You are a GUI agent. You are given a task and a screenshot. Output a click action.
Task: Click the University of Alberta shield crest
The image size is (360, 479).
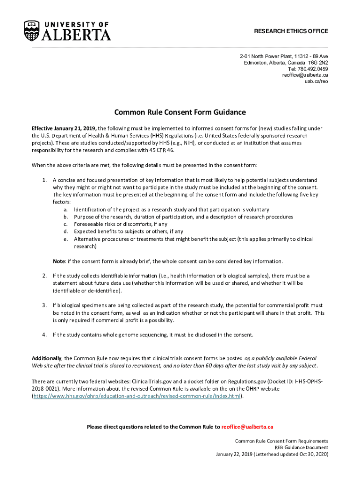tap(31, 30)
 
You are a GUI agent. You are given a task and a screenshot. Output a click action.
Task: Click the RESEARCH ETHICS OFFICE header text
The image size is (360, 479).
tap(291, 31)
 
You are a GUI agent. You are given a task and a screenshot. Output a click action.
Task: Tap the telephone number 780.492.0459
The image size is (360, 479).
tap(312, 69)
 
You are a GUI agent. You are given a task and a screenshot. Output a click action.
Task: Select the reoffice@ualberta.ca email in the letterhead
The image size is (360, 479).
tap(305, 75)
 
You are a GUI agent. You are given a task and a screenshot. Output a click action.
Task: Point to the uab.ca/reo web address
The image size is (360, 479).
tap(317, 81)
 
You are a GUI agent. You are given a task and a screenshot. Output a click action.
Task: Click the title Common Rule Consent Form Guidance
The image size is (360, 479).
tap(180, 112)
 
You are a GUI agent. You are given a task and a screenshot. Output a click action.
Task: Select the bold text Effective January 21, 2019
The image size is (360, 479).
tap(64, 128)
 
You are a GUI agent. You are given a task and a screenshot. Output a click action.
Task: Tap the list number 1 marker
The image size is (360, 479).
tap(44, 180)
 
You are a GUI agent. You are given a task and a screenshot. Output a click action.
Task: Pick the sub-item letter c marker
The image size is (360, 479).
tap(66, 224)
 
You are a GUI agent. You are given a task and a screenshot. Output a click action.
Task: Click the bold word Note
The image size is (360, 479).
tap(58, 261)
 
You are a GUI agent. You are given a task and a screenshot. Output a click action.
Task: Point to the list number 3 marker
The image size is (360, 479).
tap(44, 305)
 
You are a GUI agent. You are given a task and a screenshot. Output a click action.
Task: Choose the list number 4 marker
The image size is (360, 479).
tap(44, 335)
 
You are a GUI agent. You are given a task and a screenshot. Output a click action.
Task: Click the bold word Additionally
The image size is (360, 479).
tap(47, 358)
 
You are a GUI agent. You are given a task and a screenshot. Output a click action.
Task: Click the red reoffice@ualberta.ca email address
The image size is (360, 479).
tap(247, 427)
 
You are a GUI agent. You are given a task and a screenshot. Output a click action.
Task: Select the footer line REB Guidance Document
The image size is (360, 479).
tap(301, 448)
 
